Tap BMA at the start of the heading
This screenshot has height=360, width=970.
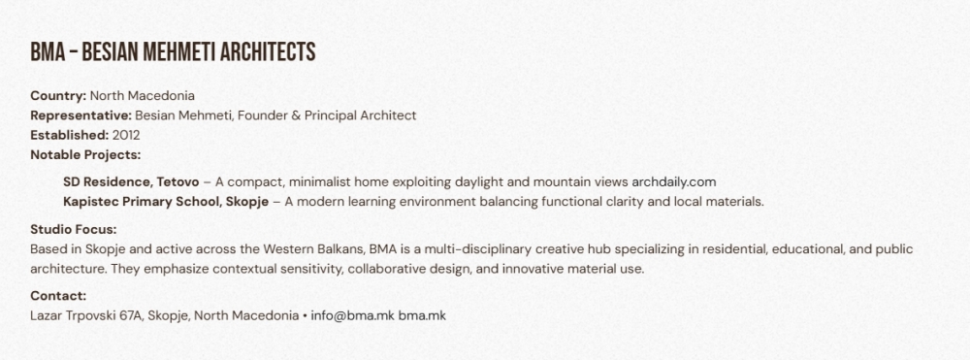[x=48, y=52]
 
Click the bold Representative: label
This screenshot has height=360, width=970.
[x=81, y=115]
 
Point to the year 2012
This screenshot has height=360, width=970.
[x=126, y=136]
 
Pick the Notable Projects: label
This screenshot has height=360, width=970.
[x=85, y=154]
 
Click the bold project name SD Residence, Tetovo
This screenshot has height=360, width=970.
[x=131, y=182]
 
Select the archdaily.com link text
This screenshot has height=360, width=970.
[x=674, y=182]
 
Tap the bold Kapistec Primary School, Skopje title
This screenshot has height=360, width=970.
[x=166, y=202]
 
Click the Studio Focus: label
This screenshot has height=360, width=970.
[x=74, y=229]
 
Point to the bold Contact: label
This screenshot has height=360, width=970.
[x=58, y=296]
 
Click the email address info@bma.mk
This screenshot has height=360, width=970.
[x=353, y=315]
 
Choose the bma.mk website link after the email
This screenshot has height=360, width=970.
[x=422, y=315]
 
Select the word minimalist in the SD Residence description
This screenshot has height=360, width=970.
[x=320, y=182]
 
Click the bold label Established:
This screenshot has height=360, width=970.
[x=70, y=136]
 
